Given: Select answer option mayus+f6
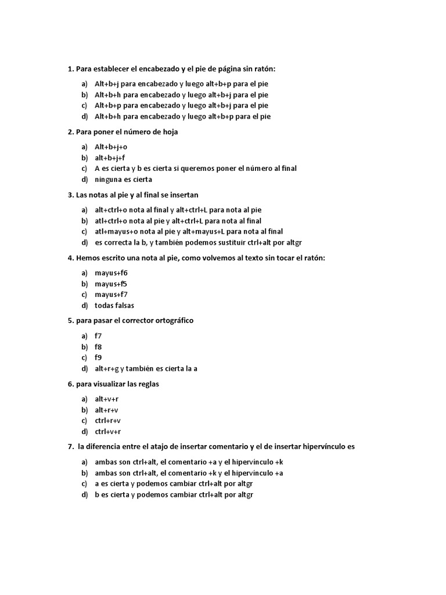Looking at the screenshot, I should tap(111, 273).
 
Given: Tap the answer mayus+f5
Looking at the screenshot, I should tap(111, 284).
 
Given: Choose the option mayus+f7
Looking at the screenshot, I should tap(111, 294).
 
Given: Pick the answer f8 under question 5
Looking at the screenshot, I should tap(98, 347).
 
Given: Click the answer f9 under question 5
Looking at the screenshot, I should tap(98, 357).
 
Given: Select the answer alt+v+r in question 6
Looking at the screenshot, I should tap(106, 399).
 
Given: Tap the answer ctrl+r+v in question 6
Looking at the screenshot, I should tap(107, 421).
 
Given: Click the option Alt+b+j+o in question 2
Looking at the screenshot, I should tap(110, 147).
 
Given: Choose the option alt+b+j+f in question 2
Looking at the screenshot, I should tap(110, 157).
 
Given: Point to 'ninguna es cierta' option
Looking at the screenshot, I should tap(123, 179).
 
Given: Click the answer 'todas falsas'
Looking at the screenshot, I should tap(114, 305).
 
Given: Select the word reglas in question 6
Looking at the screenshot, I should tap(148, 384).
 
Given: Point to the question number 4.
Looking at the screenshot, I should tap(70, 258).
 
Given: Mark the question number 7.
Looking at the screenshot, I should tap(70, 447).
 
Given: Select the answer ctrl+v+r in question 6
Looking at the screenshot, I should tap(107, 431).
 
